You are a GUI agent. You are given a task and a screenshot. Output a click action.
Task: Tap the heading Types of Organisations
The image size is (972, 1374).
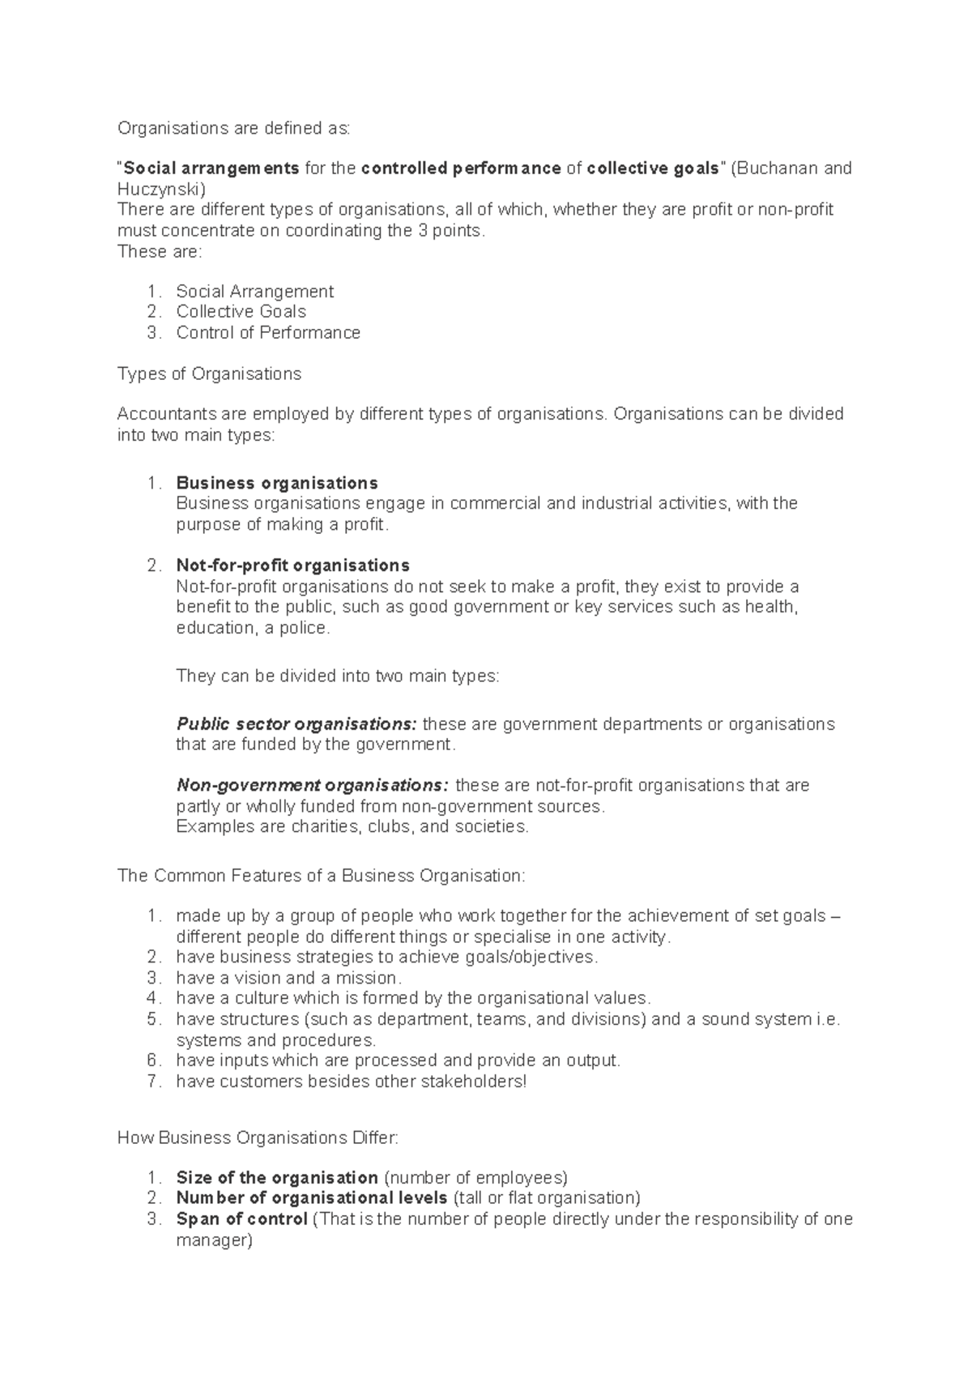coord(209,373)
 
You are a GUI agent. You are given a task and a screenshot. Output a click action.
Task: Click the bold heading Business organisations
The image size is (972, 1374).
coord(276,483)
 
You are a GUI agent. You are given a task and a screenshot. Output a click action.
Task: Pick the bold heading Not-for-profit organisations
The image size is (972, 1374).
coord(292,565)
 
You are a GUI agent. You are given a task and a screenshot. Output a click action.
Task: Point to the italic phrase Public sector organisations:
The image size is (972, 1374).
coord(296,723)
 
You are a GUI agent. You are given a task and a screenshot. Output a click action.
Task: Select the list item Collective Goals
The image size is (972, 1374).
coord(241,312)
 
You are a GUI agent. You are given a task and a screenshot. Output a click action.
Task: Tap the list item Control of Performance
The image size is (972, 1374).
coord(268,332)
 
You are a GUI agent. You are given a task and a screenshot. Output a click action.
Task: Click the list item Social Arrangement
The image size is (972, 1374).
coord(254,291)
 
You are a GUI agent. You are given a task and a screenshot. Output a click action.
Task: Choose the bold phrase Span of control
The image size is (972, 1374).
coord(241,1218)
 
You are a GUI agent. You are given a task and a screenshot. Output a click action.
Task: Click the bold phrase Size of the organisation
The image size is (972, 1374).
coord(277,1177)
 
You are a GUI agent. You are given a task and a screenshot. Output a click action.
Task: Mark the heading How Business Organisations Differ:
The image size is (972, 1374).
coord(258,1137)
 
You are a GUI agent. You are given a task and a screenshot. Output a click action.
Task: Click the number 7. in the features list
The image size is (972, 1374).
coord(155,1081)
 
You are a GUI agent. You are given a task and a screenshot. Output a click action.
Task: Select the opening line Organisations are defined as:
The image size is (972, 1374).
coord(234,128)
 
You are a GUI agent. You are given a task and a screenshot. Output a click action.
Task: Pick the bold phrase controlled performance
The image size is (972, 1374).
coord(461,169)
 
